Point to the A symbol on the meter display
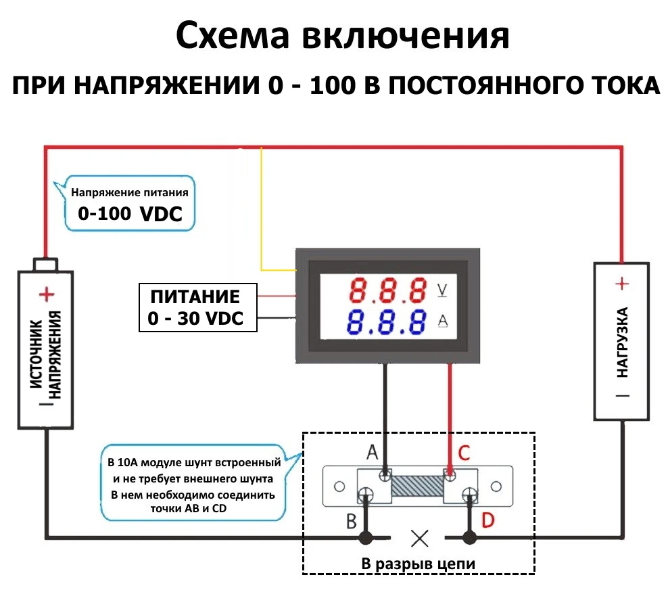tap(443, 321)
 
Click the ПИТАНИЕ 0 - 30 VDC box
tap(197, 308)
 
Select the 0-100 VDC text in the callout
tap(130, 214)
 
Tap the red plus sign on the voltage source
tap(46, 294)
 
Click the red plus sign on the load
tap(623, 284)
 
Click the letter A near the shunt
tap(372, 451)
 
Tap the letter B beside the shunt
tap(352, 522)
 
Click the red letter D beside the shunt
tap(488, 521)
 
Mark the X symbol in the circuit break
tap(420, 538)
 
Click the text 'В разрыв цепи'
tap(418, 564)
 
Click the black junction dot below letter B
tap(366, 538)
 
